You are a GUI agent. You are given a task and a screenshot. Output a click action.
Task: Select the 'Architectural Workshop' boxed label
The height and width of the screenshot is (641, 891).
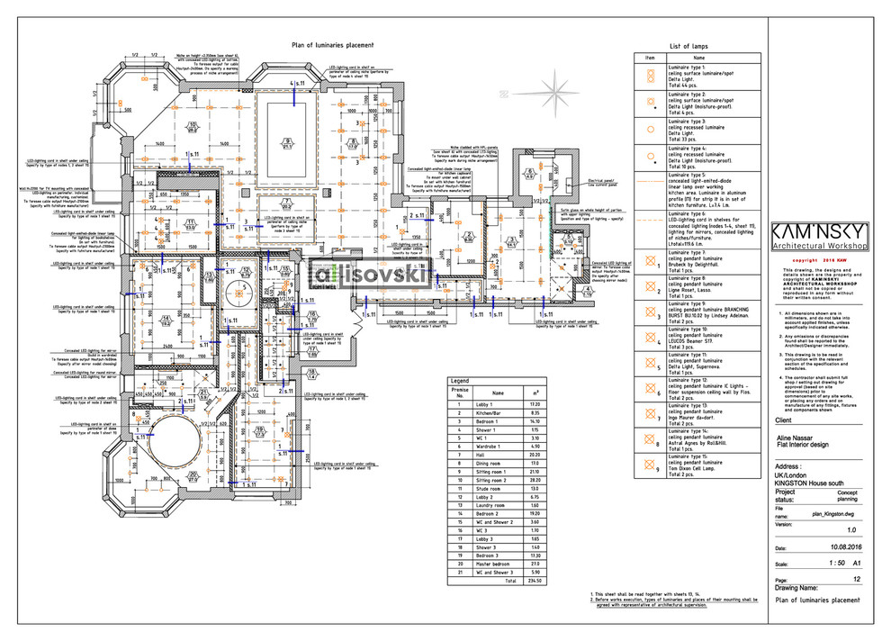click(820, 245)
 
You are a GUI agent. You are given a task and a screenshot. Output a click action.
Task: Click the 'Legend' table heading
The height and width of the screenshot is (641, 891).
click(460, 381)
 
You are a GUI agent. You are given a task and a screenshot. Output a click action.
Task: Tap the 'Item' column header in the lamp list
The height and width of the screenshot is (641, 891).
click(650, 57)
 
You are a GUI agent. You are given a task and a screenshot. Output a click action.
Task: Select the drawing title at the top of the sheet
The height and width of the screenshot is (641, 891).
click(331, 45)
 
